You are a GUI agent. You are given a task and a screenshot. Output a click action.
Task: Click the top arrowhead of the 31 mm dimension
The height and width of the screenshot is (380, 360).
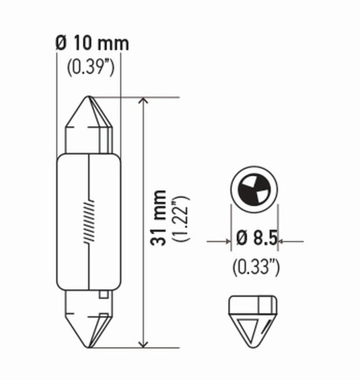143,103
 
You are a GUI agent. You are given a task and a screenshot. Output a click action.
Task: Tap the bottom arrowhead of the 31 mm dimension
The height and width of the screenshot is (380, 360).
143,342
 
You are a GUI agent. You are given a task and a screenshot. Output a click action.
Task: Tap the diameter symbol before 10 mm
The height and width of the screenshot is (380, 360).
61,45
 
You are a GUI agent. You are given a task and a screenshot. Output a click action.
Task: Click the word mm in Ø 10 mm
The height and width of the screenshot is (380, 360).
113,45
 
